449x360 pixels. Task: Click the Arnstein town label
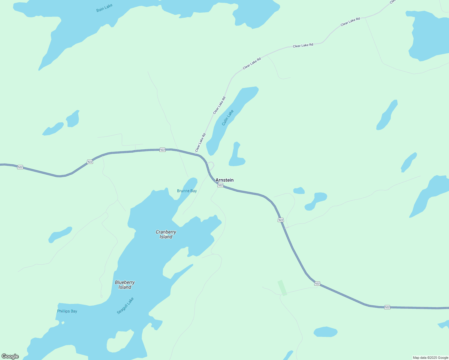click(x=224, y=180)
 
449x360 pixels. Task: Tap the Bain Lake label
click(x=104, y=8)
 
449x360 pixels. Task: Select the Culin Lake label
click(x=228, y=118)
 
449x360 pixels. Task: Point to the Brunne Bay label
click(x=187, y=191)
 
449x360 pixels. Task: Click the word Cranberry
click(x=166, y=232)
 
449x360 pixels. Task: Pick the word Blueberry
click(x=125, y=282)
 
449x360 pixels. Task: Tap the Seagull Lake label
click(x=125, y=306)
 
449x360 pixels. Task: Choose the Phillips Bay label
click(x=67, y=311)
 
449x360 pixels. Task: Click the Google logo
click(x=10, y=356)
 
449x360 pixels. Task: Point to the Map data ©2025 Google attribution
click(x=430, y=358)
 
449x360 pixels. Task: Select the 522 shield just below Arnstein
click(x=220, y=185)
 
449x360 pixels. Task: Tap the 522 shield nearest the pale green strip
click(x=317, y=283)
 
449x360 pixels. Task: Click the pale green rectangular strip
click(x=282, y=288)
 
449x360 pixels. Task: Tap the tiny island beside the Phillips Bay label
click(x=63, y=323)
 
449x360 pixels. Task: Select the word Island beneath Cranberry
click(x=166, y=237)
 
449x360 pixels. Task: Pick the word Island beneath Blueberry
click(x=125, y=287)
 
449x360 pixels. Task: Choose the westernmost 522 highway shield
click(x=20, y=167)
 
